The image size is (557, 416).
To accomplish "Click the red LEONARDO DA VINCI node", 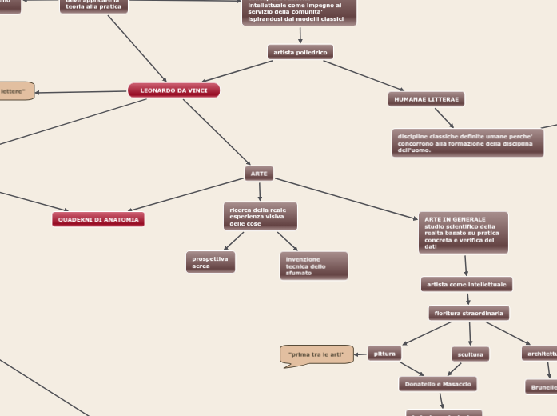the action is (x=173, y=90).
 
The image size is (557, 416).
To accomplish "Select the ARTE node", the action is (x=259, y=174).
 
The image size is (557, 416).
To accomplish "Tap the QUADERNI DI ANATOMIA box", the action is (x=98, y=219).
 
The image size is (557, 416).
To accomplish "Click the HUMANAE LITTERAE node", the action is (x=426, y=99).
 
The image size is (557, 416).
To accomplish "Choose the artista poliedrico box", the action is (x=300, y=52).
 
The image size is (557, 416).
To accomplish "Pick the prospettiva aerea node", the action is (x=210, y=262).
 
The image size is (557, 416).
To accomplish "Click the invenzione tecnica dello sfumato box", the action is (x=313, y=266).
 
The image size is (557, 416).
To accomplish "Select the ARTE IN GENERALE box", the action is (x=463, y=233).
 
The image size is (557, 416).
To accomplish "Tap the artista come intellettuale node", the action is (x=467, y=284).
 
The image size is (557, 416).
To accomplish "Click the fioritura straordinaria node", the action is (x=469, y=313).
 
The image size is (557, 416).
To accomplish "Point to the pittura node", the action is (x=384, y=353).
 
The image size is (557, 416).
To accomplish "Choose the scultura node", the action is (x=470, y=354).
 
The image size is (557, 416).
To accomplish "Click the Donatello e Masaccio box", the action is (x=437, y=384).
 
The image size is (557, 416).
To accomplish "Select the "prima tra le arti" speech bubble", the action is (x=316, y=354).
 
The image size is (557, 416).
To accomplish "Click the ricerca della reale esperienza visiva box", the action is (x=260, y=216).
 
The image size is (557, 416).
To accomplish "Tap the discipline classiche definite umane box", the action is (x=467, y=142).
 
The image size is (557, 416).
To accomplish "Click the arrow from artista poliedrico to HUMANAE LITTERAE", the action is (x=364, y=75).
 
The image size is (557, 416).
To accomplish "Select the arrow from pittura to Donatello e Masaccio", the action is (x=412, y=369).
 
